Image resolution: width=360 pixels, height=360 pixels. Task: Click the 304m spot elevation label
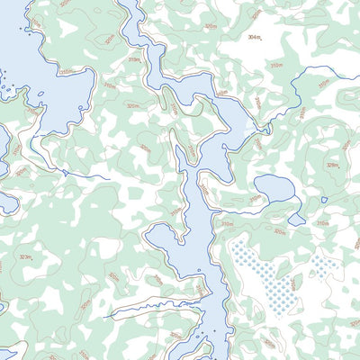coord(255,37)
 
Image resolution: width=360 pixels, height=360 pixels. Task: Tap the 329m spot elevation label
coord(332,165)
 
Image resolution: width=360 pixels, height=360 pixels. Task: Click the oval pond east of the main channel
coord(273,188)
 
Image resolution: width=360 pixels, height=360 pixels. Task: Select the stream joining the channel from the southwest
coord(135,310)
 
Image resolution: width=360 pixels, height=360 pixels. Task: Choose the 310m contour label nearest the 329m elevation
coord(322,222)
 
